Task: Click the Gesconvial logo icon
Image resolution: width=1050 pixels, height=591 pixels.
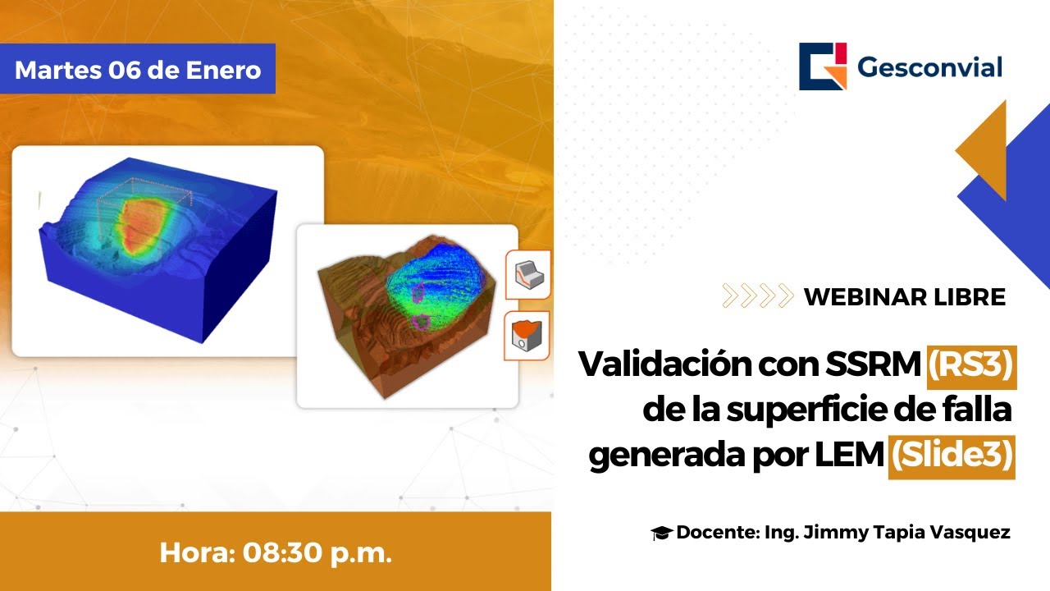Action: coord(823,66)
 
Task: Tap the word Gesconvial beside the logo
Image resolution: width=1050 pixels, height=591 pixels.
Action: coord(929,67)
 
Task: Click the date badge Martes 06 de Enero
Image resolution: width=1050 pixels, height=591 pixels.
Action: coord(138,69)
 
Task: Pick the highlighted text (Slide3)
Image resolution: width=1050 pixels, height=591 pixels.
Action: coord(952,456)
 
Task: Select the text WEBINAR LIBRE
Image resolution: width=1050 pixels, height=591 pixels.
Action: coord(904,296)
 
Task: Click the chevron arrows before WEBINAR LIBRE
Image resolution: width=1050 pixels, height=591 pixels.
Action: coord(757,295)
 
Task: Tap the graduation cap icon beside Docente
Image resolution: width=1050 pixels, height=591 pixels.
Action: coord(661,534)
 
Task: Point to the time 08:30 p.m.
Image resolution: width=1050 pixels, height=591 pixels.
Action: coord(317,552)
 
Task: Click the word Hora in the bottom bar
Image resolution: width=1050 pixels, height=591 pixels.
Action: coord(196,552)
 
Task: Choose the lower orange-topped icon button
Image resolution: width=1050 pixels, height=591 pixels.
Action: coord(527,336)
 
